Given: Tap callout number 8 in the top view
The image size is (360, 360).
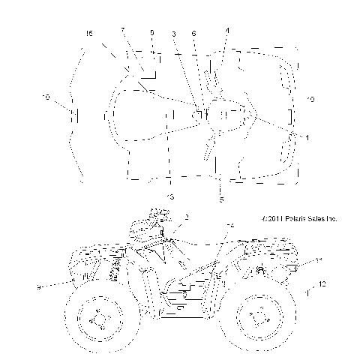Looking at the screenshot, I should [x=153, y=34].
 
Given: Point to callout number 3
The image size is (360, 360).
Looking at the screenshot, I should [x=173, y=34].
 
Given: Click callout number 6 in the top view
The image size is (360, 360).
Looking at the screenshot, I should [x=194, y=34].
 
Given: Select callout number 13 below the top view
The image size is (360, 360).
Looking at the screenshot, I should [x=170, y=196].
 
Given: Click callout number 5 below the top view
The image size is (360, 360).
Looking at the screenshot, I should [x=221, y=199].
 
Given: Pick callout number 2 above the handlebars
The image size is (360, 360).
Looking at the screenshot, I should [x=186, y=216].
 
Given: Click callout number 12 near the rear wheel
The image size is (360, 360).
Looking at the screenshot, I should [x=322, y=283].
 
